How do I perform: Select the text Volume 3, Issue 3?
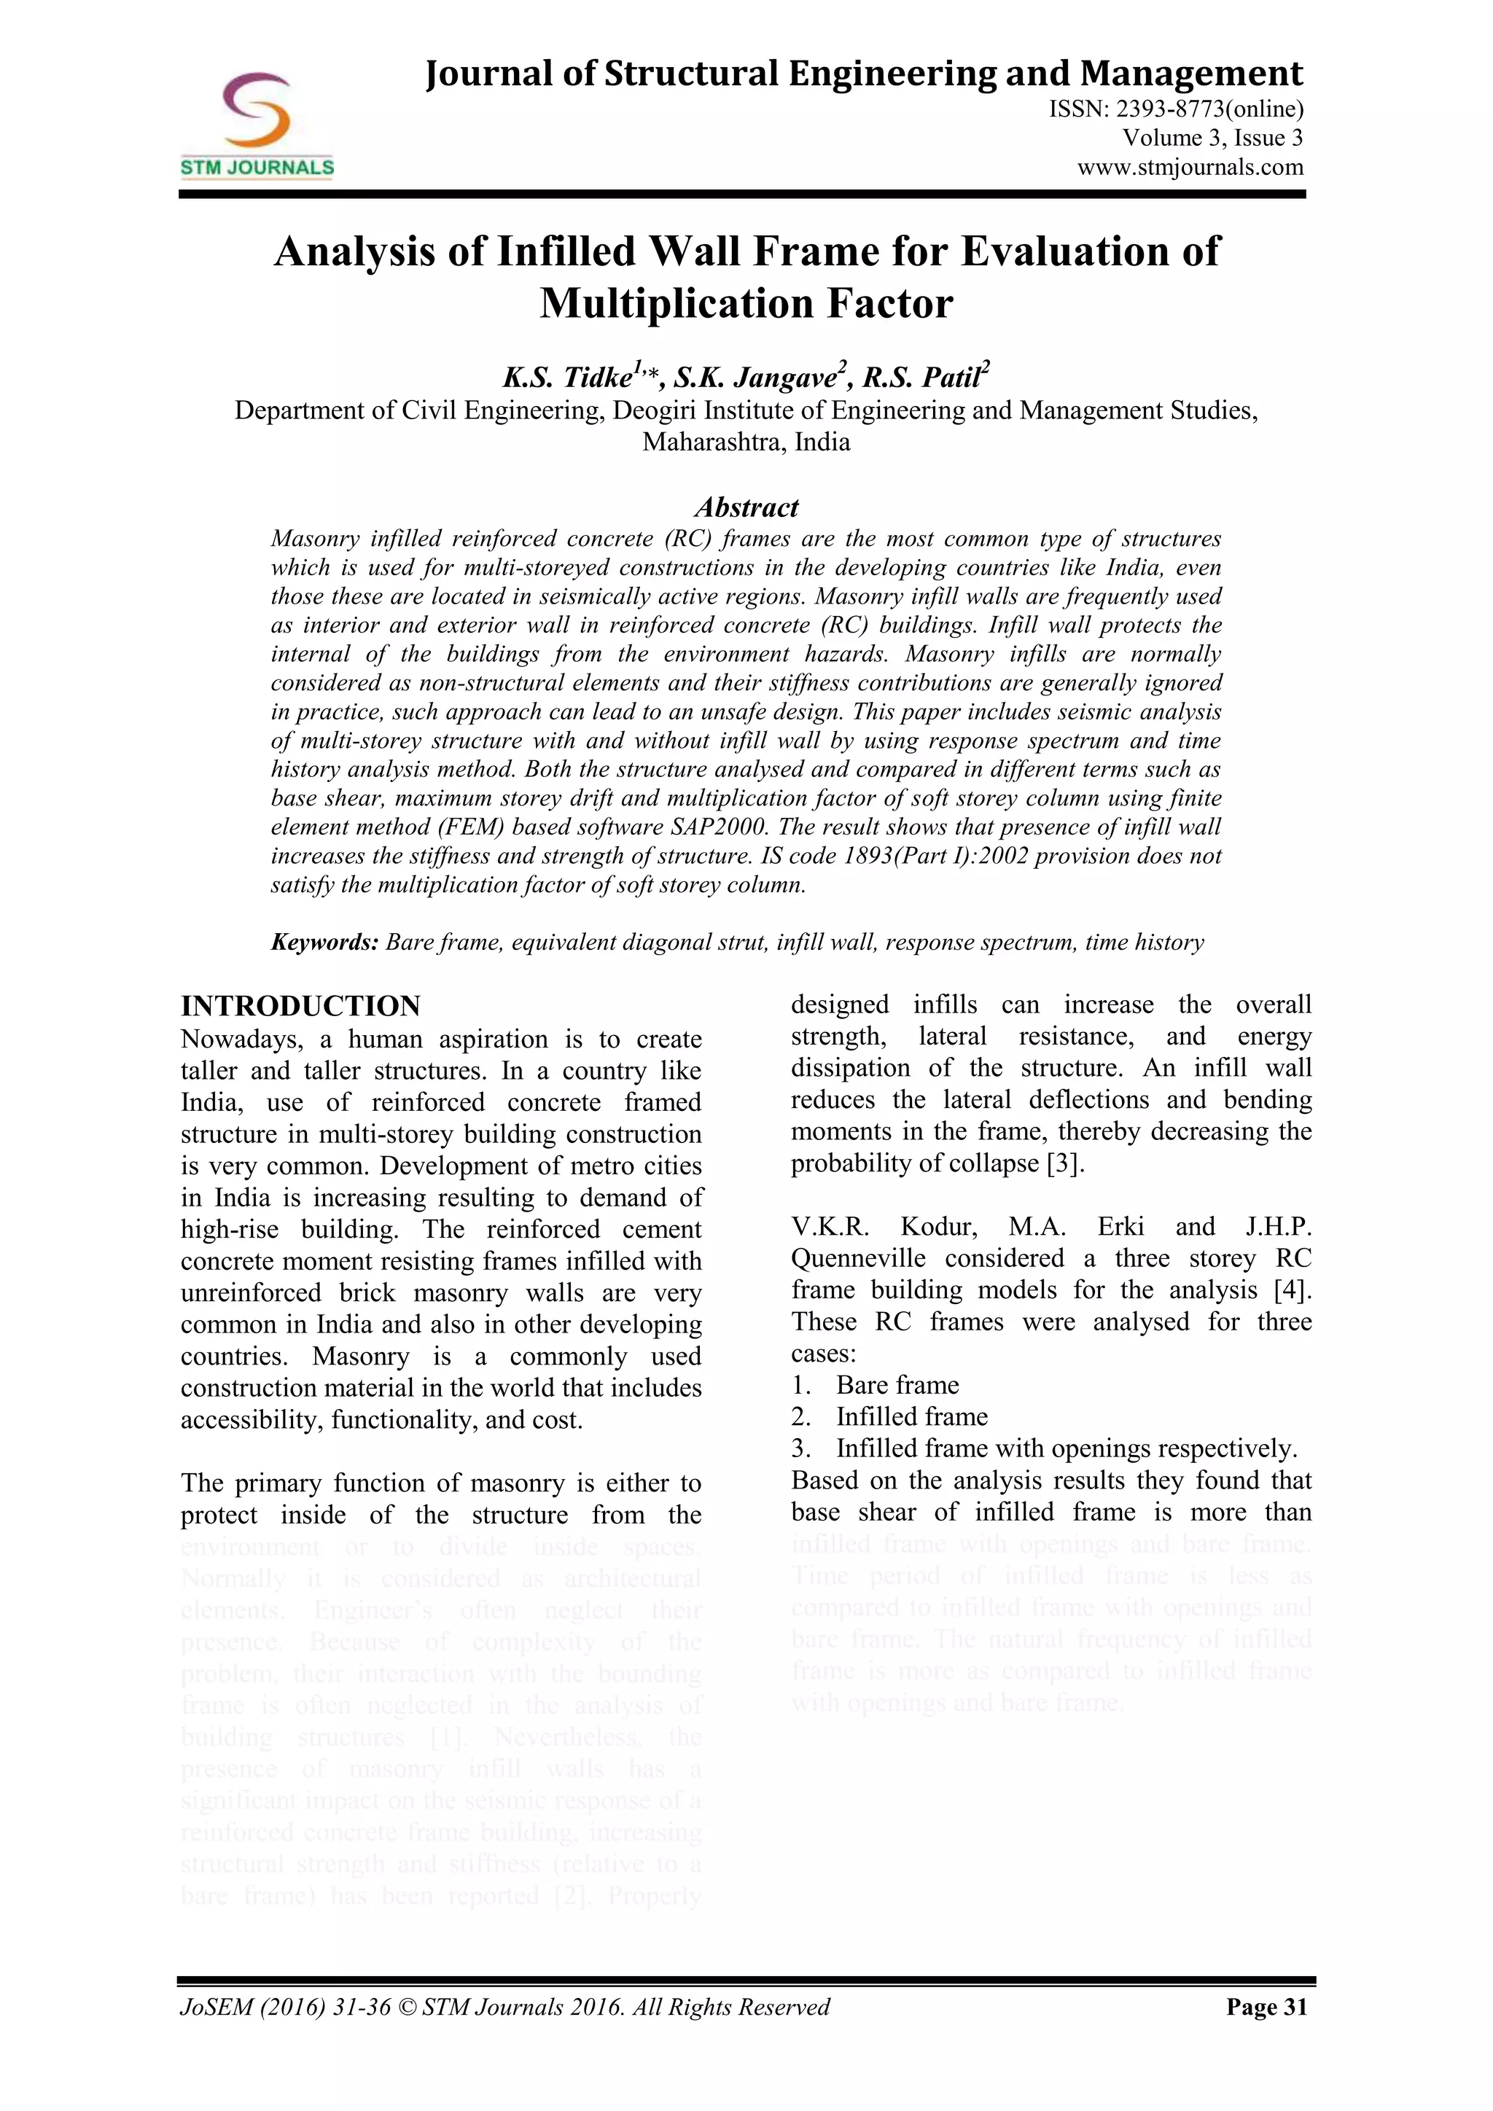tap(1212, 138)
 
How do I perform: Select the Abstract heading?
tap(746, 507)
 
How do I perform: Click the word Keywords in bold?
tap(324, 943)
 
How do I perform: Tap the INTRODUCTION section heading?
tap(300, 1006)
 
